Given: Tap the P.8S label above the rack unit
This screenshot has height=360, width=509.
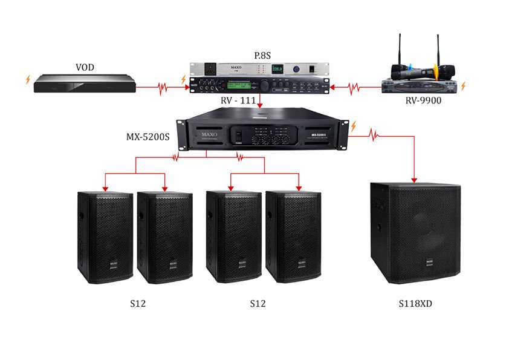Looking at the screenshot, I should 262,56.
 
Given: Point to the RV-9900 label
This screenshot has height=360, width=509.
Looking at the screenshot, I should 423,100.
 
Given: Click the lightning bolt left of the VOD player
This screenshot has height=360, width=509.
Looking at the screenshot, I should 25,79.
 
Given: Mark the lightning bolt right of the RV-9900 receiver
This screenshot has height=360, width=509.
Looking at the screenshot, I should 464,87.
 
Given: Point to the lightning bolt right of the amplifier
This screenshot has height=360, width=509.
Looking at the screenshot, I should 354,126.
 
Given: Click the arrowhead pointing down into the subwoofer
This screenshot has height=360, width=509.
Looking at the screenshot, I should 415,179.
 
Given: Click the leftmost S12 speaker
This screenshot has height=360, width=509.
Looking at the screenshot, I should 105,237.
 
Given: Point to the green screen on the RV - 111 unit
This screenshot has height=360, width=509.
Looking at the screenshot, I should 235,85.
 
